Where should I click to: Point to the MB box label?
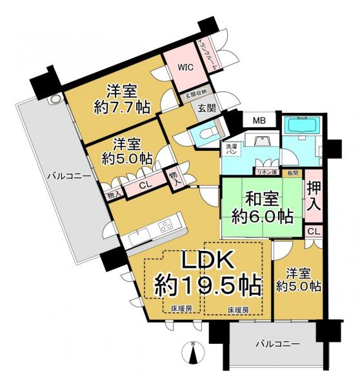tap(258, 121)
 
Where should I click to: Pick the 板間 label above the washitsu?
tap(292, 172)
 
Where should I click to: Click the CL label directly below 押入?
tap(313, 231)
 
